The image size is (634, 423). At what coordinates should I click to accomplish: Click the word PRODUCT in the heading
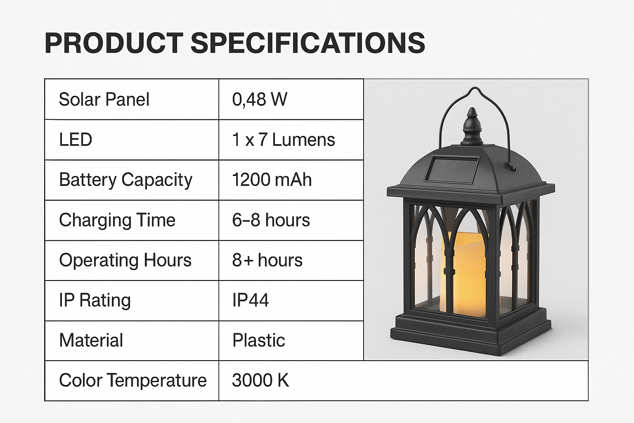pyautogui.click(x=114, y=43)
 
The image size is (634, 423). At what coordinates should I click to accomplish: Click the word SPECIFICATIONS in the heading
pyautogui.click(x=308, y=43)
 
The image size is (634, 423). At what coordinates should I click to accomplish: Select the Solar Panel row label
pyautogui.click(x=104, y=100)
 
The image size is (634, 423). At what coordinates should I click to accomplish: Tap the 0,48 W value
pyautogui.click(x=260, y=100)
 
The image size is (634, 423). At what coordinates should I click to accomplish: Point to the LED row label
pyautogui.click(x=76, y=140)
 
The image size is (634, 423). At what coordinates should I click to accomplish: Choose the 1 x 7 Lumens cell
pyautogui.click(x=283, y=140)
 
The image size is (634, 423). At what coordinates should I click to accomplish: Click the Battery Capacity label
pyautogui.click(x=125, y=180)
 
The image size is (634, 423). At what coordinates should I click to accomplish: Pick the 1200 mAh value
pyautogui.click(x=272, y=180)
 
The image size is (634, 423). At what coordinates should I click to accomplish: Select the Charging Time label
pyautogui.click(x=117, y=221)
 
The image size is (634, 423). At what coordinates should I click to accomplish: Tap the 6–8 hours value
pyautogui.click(x=271, y=220)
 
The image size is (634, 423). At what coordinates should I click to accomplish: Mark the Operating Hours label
pyautogui.click(x=125, y=261)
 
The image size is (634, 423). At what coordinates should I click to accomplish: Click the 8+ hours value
pyautogui.click(x=267, y=260)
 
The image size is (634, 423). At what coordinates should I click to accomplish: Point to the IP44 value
pyautogui.click(x=250, y=300)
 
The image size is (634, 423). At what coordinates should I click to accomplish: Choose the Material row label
pyautogui.click(x=91, y=340)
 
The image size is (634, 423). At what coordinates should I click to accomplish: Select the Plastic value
pyautogui.click(x=258, y=340)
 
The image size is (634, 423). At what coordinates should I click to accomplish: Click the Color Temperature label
pyautogui.click(x=133, y=380)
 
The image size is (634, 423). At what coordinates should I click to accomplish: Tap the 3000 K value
pyautogui.click(x=260, y=380)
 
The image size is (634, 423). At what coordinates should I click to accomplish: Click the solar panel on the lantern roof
pyautogui.click(x=452, y=169)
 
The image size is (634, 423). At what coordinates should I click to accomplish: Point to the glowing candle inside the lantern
pyautogui.click(x=464, y=274)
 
